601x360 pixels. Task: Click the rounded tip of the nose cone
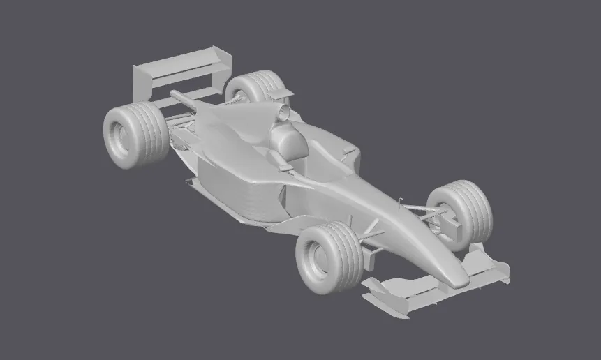[x=457, y=278]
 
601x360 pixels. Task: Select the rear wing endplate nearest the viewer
[x=142, y=80]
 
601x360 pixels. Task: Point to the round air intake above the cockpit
[x=283, y=111]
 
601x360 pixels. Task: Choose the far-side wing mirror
[x=347, y=149]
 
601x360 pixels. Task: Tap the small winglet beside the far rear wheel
[x=283, y=93]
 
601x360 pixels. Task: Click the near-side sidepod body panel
[x=237, y=188]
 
